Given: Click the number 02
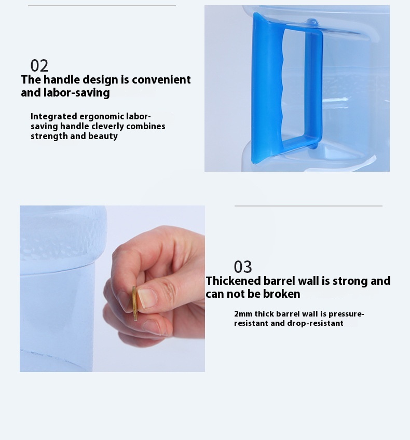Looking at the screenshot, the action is point(39,66).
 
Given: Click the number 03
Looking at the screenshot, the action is point(243,267).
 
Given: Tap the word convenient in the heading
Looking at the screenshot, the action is point(161,80).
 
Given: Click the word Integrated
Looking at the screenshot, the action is point(53,116).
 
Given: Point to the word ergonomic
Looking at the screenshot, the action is point(102,116).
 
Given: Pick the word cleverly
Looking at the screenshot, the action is point(108,126).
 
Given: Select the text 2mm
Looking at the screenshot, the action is point(243,314).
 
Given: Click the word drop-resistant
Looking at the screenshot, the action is point(315,323).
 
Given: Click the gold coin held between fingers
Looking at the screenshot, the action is point(135,304).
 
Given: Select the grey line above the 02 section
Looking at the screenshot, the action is point(102,6).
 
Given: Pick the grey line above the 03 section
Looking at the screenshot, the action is point(308,206).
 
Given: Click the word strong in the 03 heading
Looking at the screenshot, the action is point(350,281).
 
